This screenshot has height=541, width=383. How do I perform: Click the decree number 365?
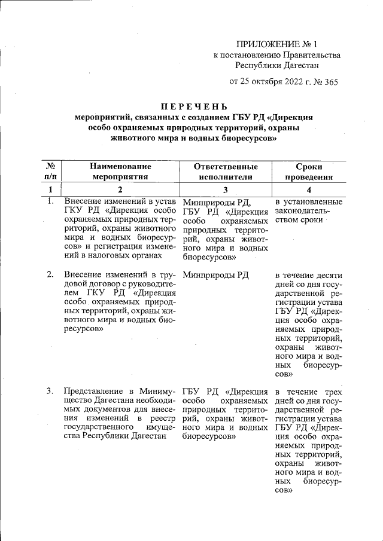tap(330, 81)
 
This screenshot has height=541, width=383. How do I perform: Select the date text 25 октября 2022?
tap(268, 81)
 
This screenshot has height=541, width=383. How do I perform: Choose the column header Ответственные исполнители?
tap(226, 171)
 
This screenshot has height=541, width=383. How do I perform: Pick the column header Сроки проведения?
tap(309, 171)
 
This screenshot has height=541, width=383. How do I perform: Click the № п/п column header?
tap(51, 171)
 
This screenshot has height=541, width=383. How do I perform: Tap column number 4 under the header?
tap(309, 189)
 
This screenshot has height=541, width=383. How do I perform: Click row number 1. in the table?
tap(51, 201)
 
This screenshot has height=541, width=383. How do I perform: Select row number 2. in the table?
tap(51, 274)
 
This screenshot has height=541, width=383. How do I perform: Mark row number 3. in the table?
tap(51, 392)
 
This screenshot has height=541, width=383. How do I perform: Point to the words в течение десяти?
tap(309, 274)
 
